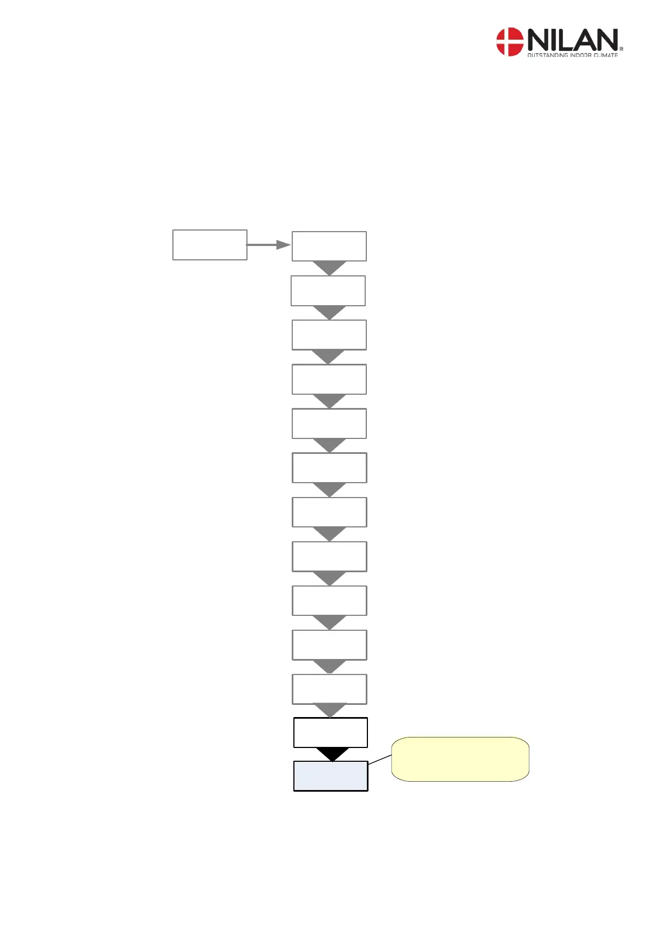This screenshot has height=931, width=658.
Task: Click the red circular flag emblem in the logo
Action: coord(509,42)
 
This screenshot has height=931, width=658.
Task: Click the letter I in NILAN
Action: coord(553,40)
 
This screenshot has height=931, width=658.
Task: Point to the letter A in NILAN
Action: coord(584,40)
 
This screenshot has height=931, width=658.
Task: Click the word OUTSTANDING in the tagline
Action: coord(548,55)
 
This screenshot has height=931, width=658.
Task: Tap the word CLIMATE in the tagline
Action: coord(606,55)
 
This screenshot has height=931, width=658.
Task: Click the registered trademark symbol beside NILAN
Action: coord(622,49)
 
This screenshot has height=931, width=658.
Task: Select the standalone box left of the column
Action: coord(209,245)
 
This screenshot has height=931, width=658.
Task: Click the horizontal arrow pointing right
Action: coord(268,245)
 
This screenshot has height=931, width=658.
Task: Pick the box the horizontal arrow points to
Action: coord(329,246)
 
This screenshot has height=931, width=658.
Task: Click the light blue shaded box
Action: coord(330,776)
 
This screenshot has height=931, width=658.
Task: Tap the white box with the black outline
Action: coord(330,733)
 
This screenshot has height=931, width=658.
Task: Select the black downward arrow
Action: coord(332,754)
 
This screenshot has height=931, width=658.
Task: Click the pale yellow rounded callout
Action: coord(460,759)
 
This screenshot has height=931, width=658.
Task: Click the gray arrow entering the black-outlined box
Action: coord(330,710)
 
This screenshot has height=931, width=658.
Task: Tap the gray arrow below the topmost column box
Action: coord(329,268)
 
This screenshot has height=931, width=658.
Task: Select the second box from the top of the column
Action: coord(328,291)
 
